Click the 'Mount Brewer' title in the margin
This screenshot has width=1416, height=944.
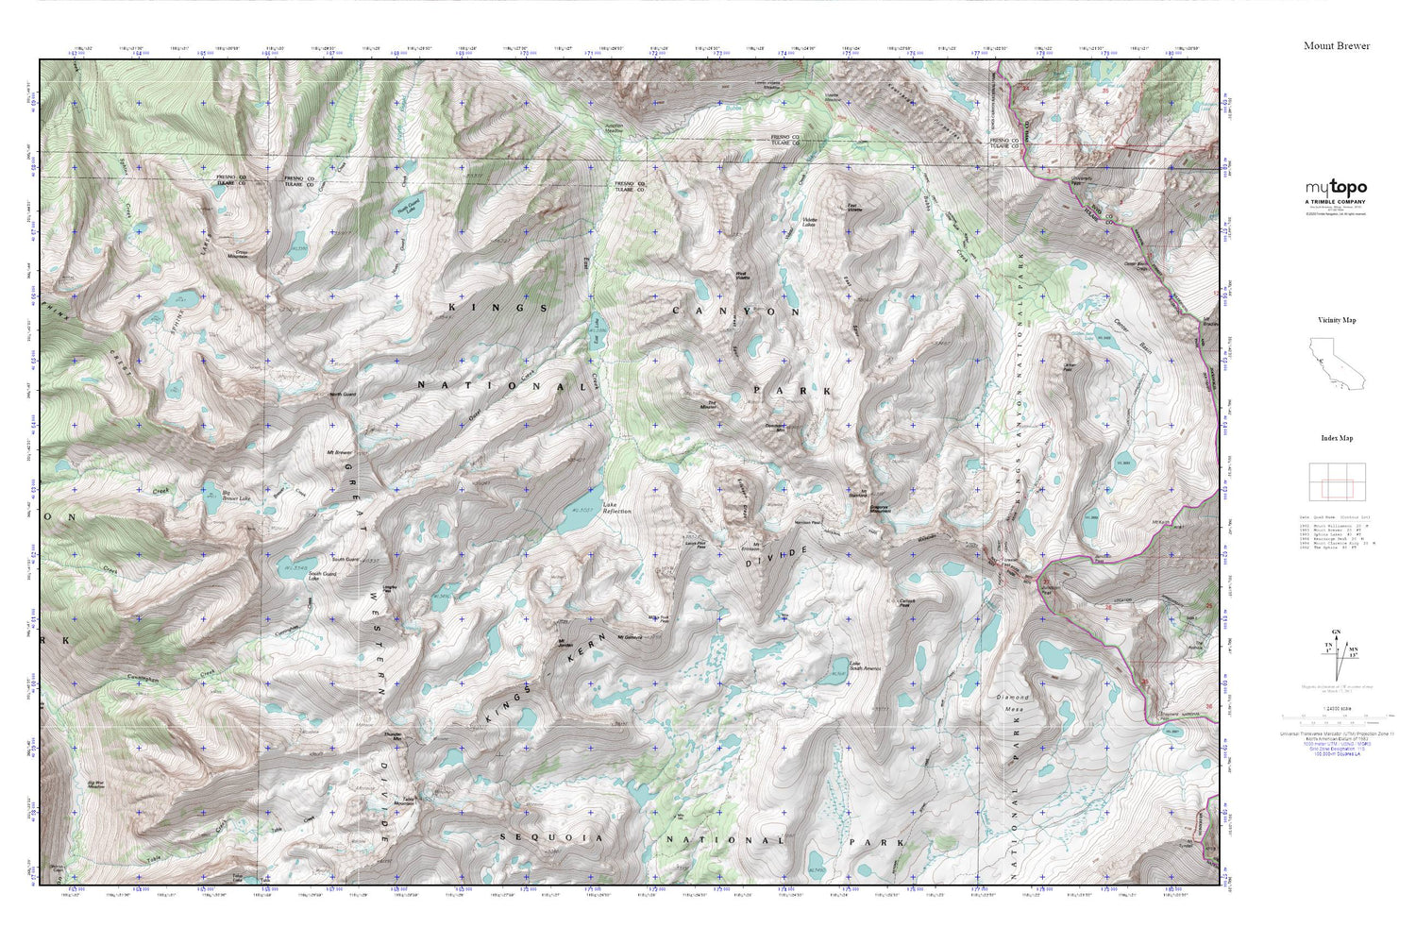pos(1336,45)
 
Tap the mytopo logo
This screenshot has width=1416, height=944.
pos(1336,188)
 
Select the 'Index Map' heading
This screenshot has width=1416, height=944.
pos(1336,438)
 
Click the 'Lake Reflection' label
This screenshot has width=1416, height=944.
pos(617,508)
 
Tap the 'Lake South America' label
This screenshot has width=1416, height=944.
pos(865,666)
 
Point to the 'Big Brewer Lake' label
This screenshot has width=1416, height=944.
pos(236,496)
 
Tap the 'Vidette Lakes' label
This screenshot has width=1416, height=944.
pos(809,224)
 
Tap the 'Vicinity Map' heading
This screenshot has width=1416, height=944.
pos(1336,320)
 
